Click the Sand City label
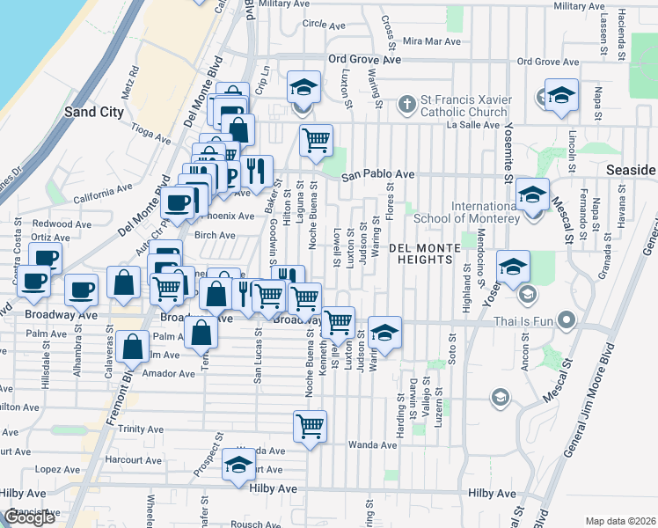click(x=93, y=112)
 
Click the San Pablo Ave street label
click(x=377, y=174)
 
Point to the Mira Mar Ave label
click(x=431, y=41)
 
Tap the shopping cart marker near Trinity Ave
click(x=310, y=427)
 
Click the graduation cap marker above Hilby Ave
click(x=238, y=466)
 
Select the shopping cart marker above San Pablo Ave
click(x=316, y=140)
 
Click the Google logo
click(x=29, y=517)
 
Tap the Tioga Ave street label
click(x=150, y=132)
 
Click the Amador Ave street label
click(x=173, y=373)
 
